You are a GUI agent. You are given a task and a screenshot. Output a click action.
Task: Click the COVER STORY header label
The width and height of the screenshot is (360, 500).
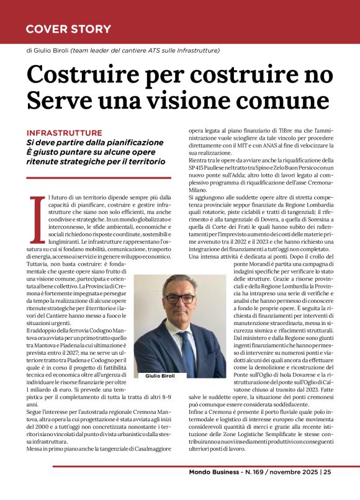coord(68,29)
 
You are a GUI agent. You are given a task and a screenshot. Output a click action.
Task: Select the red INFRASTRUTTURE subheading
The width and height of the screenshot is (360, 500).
coord(65,133)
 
